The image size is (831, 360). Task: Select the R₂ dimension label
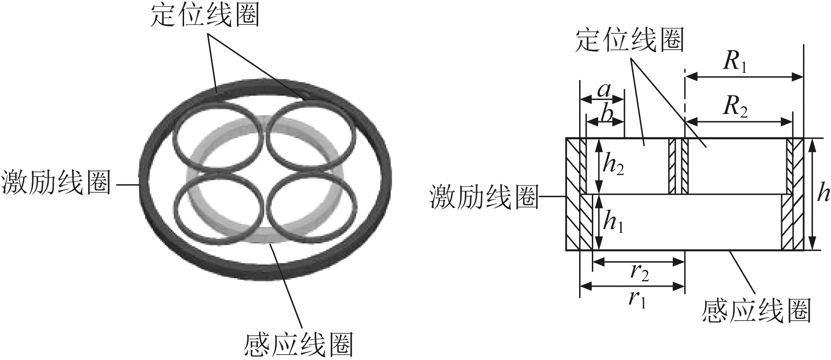tap(735, 108)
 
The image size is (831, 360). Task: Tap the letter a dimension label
tap(604, 91)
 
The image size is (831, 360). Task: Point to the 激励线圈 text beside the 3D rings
tap(56, 184)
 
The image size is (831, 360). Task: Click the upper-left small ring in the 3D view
tap(218, 136)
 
